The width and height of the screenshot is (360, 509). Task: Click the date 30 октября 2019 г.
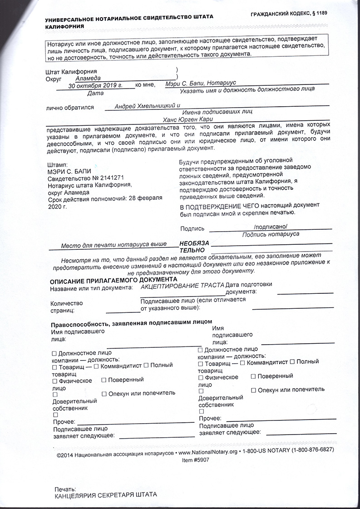pyautogui.click(x=96, y=85)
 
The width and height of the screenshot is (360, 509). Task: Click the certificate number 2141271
pyautogui.click(x=109, y=178)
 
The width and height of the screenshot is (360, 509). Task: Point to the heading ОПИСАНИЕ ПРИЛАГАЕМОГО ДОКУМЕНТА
pyautogui.click(x=113, y=280)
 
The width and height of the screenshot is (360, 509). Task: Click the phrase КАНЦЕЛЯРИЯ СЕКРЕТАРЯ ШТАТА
pyautogui.click(x=106, y=495)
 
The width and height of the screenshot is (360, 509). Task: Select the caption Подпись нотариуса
pyautogui.click(x=271, y=234)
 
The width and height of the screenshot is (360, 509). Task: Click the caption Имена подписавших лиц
pyautogui.click(x=217, y=112)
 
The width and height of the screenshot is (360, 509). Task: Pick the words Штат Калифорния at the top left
pyautogui.click(x=71, y=72)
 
